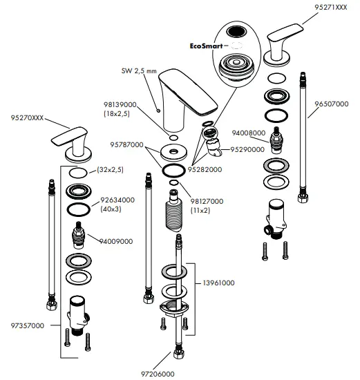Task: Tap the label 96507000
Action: tap(331, 104)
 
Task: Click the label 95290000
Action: tap(247, 149)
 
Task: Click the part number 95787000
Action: tap(126, 146)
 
